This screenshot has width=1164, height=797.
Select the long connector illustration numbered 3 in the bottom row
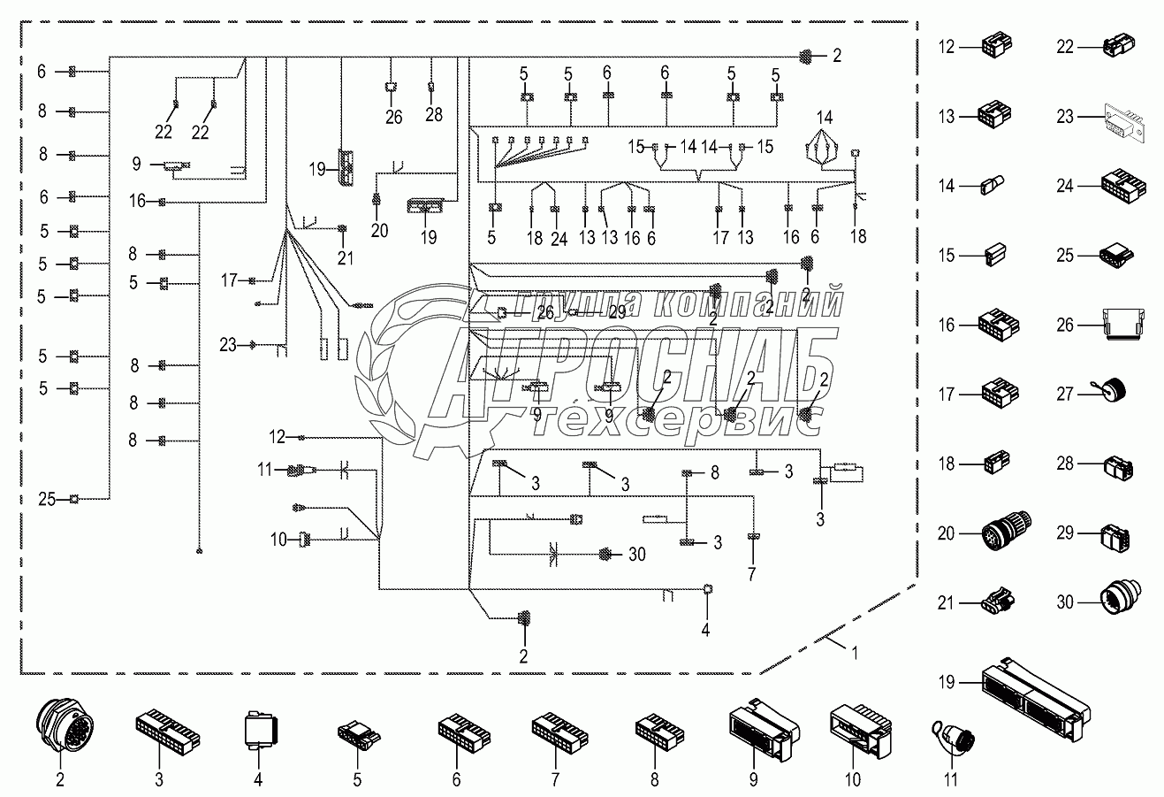click(168, 728)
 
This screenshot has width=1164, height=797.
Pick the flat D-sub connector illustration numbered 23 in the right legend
click(1123, 118)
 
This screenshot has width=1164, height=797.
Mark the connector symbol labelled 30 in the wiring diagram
click(605, 555)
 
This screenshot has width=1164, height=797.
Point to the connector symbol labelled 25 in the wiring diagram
click(75, 500)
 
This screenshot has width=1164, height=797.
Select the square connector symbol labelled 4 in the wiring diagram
click(707, 589)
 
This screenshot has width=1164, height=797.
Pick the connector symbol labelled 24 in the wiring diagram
click(555, 210)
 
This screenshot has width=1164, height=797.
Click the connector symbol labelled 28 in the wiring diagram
click(431, 86)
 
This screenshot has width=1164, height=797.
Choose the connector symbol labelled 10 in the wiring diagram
click(306, 537)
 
